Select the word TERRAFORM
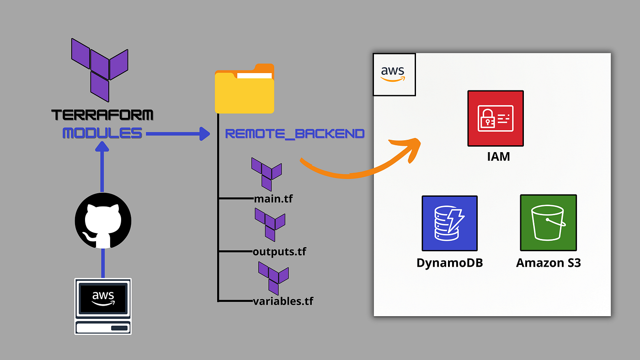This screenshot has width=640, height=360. point(102,115)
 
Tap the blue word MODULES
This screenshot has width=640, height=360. point(102,133)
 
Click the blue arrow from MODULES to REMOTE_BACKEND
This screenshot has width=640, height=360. point(176,134)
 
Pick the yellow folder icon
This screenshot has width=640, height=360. point(245,90)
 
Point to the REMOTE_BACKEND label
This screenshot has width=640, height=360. point(295,134)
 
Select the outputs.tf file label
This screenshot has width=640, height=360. point(280,251)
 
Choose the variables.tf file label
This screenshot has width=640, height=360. point(283,302)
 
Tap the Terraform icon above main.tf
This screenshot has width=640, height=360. point(267,174)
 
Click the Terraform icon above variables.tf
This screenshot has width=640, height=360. point(273,278)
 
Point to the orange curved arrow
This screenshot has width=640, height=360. point(361,164)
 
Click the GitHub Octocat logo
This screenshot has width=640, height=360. point(103,221)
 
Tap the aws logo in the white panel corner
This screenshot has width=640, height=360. point(394,74)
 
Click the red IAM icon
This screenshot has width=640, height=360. point(495,118)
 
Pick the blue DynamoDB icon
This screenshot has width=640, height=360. point(449,223)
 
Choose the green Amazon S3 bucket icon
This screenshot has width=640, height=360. point(548,222)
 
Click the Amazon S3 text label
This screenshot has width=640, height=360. point(548,263)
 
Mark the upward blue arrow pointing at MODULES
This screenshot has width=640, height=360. point(102,169)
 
